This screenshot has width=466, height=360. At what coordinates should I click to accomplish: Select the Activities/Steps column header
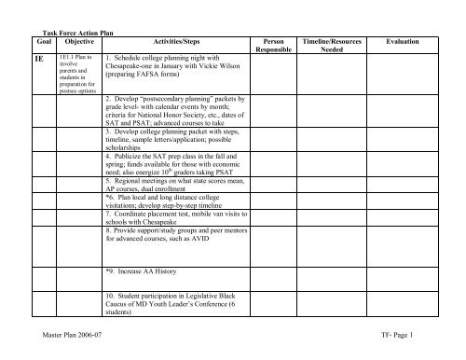(x=172, y=42)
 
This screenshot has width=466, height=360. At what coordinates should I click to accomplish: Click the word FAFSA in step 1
(x=152, y=76)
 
